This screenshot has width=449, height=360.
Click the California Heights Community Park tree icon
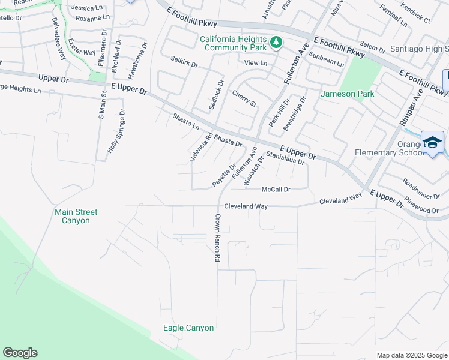276,42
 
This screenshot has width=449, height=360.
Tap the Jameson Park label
348,94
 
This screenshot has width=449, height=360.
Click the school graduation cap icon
432,142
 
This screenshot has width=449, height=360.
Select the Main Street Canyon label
76,216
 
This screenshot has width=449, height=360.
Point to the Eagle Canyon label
188,328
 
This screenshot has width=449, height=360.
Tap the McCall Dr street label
276,190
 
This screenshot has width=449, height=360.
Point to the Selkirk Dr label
184,62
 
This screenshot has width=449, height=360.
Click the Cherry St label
244,99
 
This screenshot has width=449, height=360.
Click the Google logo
20,353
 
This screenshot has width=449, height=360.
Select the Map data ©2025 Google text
411,355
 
